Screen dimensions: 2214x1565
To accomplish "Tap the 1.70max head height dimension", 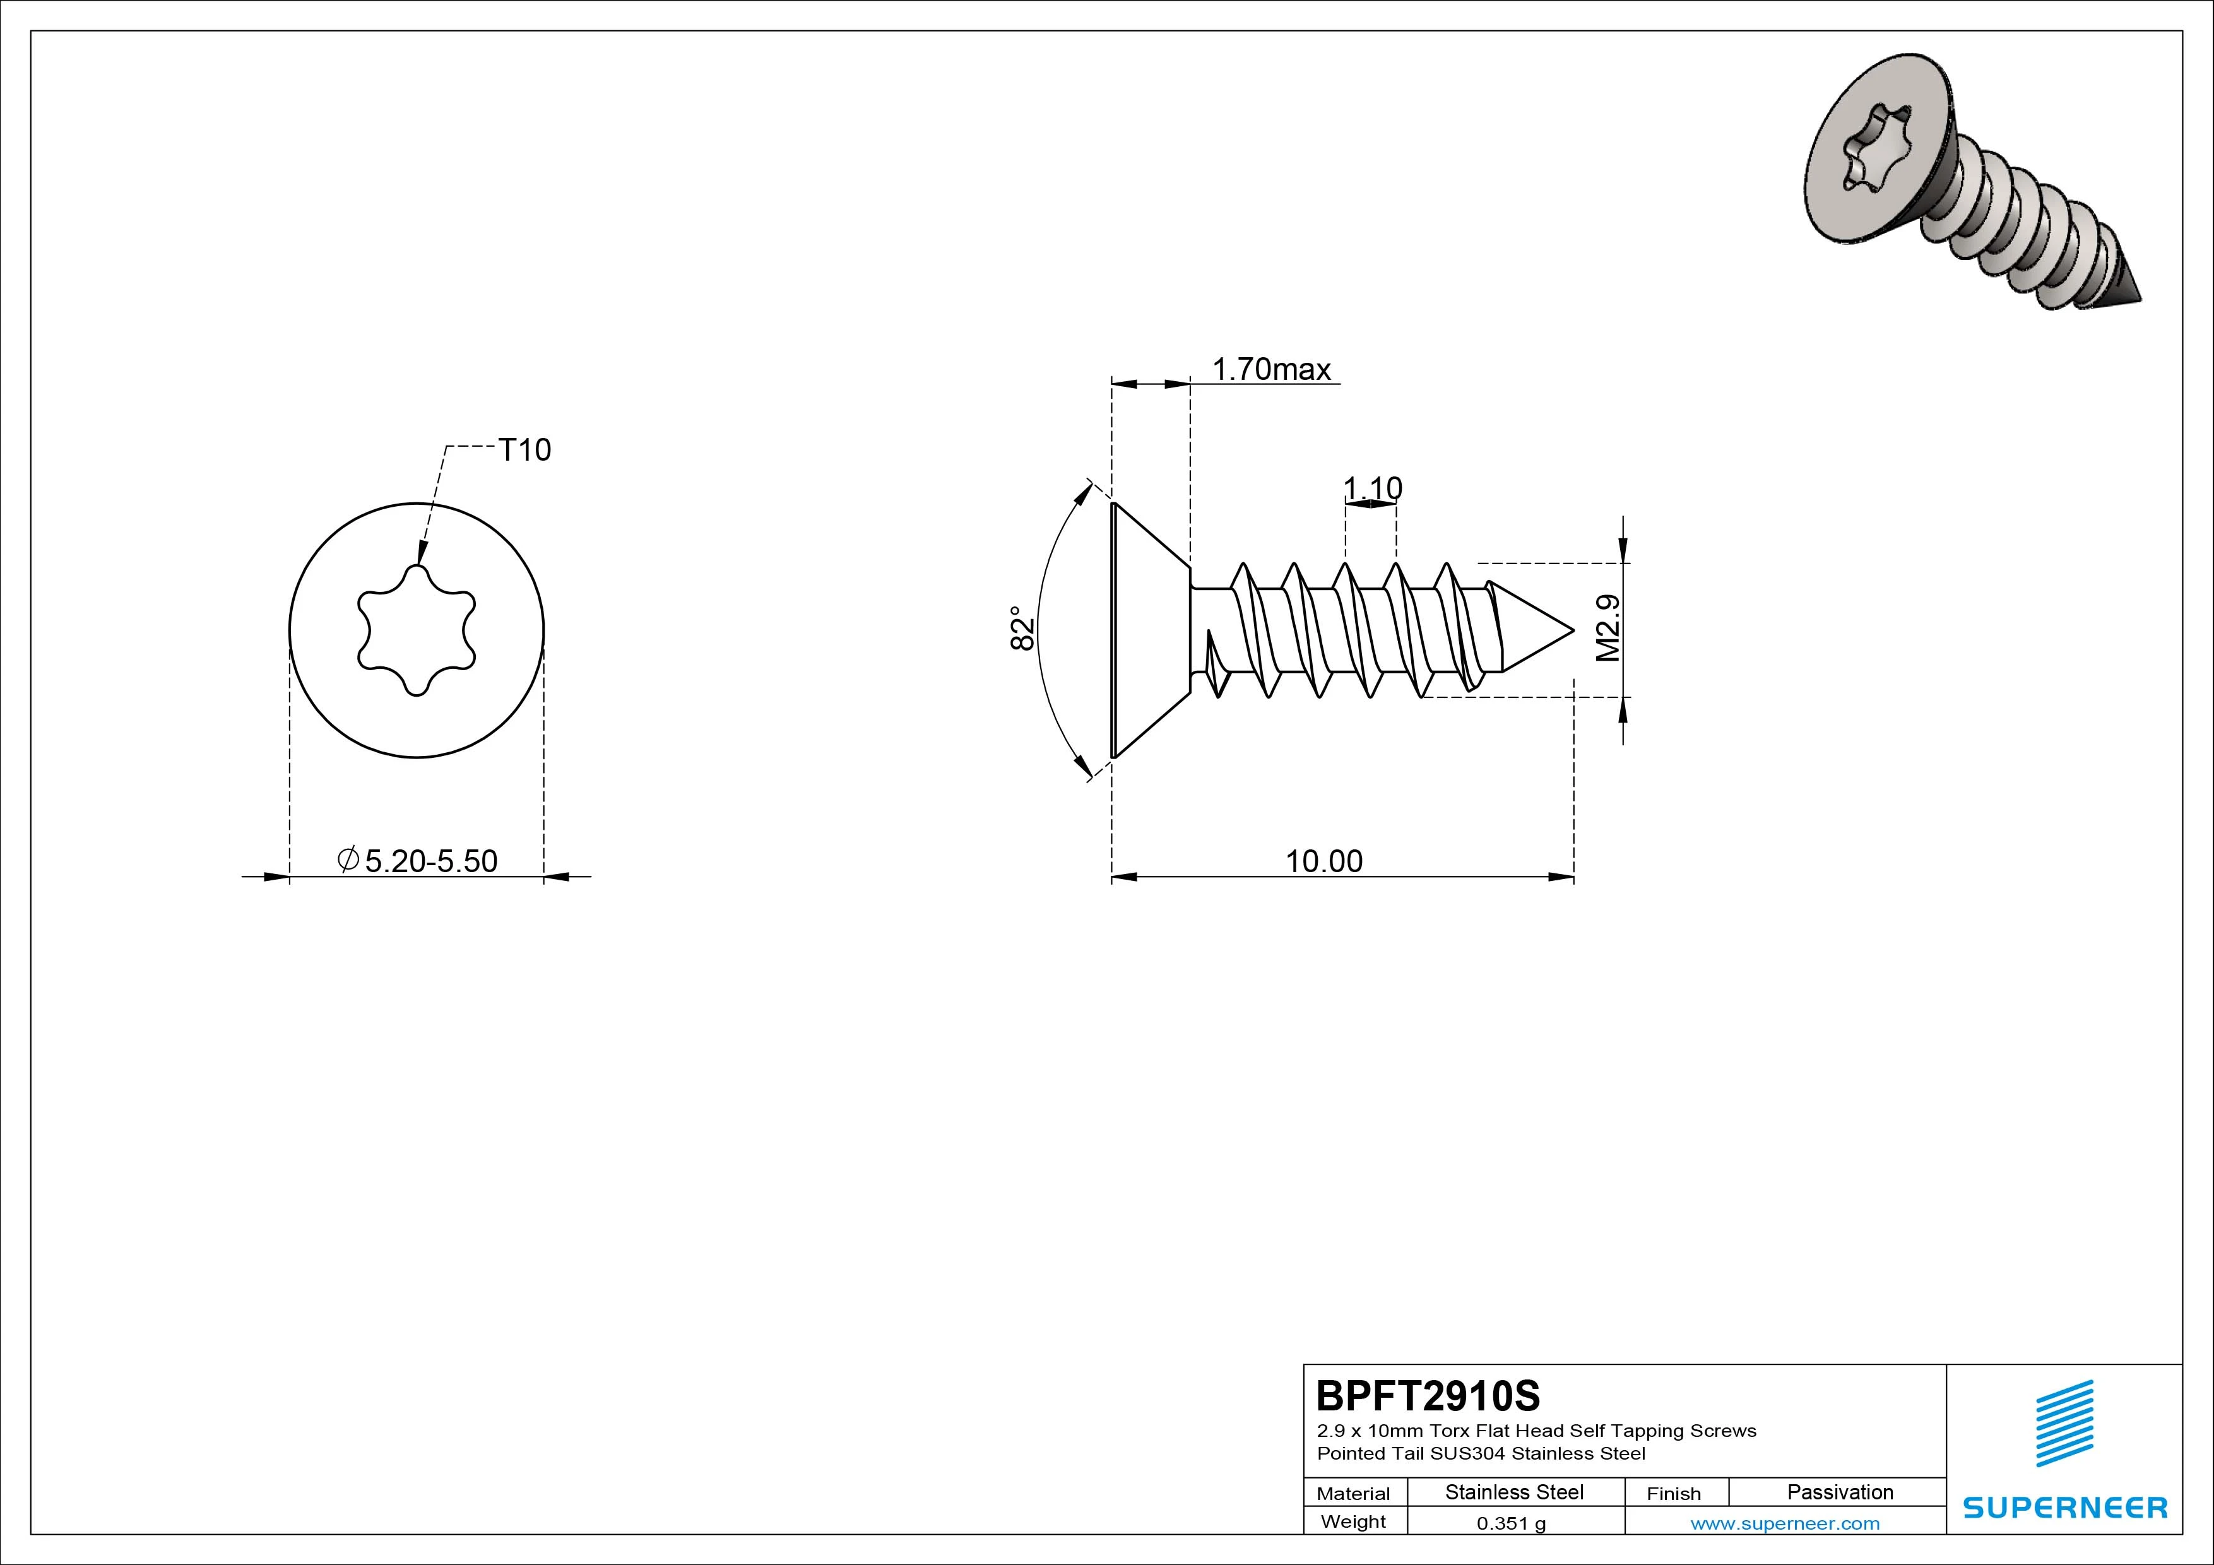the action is point(1271,369).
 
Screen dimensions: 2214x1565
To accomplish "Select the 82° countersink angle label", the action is point(1022,628).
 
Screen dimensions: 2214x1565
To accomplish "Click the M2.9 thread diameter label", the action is point(1607,628).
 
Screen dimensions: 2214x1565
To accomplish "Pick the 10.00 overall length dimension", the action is point(1324,861).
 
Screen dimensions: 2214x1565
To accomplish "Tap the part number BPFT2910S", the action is point(1428,1395).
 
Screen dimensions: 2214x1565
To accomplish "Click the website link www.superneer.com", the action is point(1785,1523).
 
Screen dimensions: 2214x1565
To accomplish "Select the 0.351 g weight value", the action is point(1511,1523).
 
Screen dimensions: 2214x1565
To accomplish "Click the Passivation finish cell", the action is point(1840,1492).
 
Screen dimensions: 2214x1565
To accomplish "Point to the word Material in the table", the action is point(1353,1494).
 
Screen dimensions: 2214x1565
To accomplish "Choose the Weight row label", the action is point(1353,1521).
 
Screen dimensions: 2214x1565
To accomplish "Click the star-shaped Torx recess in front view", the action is point(417,630).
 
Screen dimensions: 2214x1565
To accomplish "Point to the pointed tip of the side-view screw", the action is point(1573,632).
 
